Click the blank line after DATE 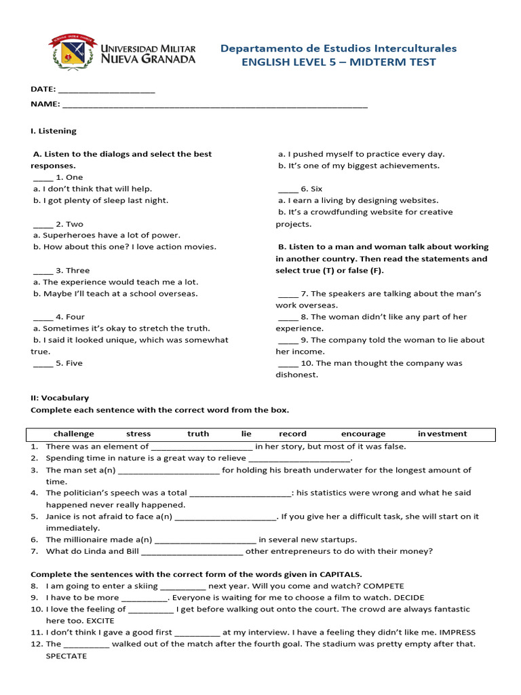click(107, 90)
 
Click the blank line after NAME click(214, 105)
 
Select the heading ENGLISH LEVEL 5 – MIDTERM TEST click(339, 62)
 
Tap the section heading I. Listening click(54, 131)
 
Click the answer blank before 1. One click(42, 178)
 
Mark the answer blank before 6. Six click(288, 189)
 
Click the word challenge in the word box click(74, 434)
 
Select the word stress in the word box click(138, 434)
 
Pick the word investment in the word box click(442, 434)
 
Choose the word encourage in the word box click(363, 434)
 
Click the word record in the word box click(292, 434)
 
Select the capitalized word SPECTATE click(66, 656)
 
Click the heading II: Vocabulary click(60, 398)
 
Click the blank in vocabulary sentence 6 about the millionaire click(205, 540)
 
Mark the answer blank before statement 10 click(288, 364)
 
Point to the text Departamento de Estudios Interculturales click(339, 48)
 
